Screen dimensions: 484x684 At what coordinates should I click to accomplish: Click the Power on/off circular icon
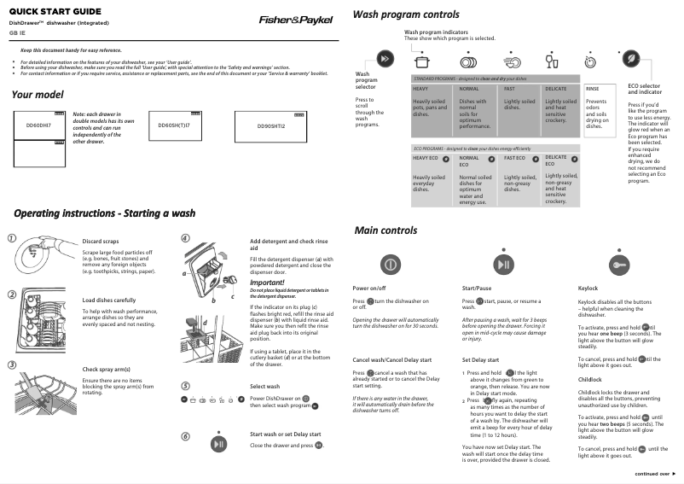point(387,263)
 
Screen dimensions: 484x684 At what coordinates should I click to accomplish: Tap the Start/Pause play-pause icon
point(504,264)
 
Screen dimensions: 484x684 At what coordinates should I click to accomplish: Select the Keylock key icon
point(619,264)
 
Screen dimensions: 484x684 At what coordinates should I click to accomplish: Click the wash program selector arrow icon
point(385,59)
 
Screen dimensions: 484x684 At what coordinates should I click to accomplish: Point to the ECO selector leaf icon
point(630,59)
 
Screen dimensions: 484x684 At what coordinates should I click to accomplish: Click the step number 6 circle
point(187,437)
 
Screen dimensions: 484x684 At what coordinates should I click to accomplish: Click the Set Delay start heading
point(480,361)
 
